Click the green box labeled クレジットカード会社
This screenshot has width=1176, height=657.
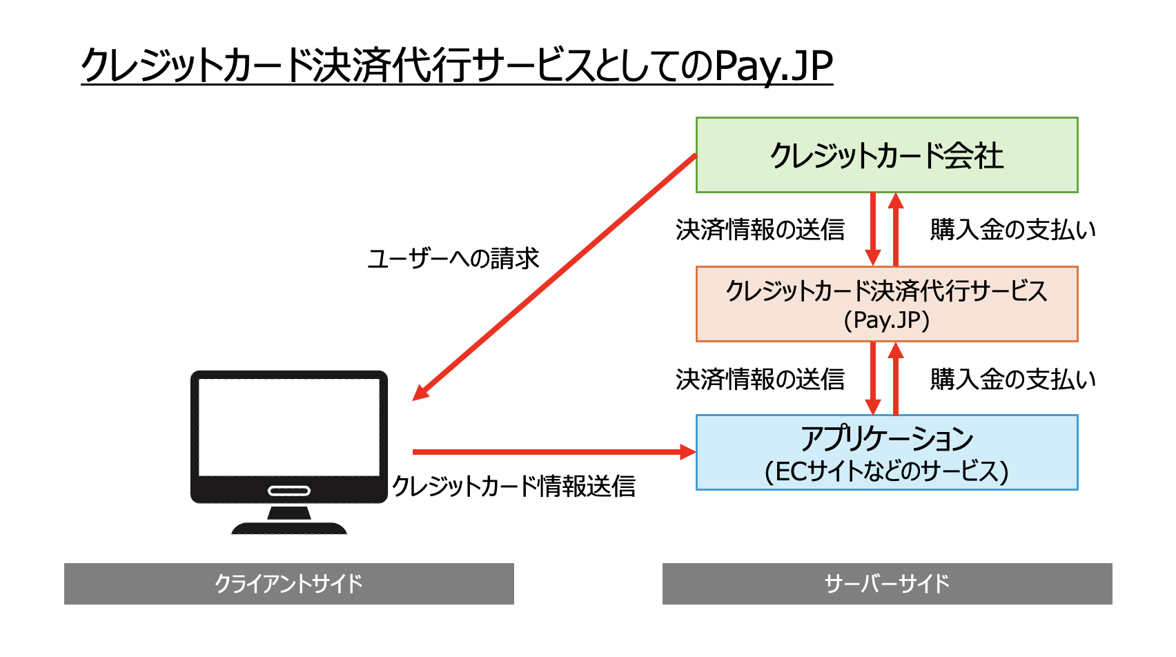pyautogui.click(x=887, y=155)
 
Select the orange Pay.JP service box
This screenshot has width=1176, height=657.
pyautogui.click(x=887, y=304)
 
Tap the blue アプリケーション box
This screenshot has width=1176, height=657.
pyautogui.click(x=887, y=453)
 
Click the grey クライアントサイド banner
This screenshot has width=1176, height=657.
pyautogui.click(x=288, y=584)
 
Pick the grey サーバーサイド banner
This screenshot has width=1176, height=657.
pyautogui.click(x=887, y=584)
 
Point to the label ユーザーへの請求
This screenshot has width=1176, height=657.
pyautogui.click(x=453, y=259)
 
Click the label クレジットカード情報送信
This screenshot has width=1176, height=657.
pyautogui.click(x=513, y=486)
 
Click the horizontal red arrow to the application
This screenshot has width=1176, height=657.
pyautogui.click(x=552, y=452)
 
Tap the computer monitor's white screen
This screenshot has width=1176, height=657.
pyautogui.click(x=288, y=426)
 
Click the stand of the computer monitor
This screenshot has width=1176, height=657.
pyautogui.click(x=288, y=521)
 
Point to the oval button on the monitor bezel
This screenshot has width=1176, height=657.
pyautogui.click(x=289, y=491)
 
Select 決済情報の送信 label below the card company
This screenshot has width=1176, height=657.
pyautogui.click(x=760, y=229)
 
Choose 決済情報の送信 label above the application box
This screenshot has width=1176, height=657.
pyautogui.click(x=760, y=379)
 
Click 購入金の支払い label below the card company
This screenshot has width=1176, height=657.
pyautogui.click(x=1012, y=229)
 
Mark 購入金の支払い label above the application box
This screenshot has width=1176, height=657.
pyautogui.click(x=1012, y=379)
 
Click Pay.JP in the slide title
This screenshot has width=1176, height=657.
pyautogui.click(x=773, y=66)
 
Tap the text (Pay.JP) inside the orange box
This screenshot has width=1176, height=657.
pyautogui.click(x=887, y=320)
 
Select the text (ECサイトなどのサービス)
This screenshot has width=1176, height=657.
pyautogui.click(x=887, y=471)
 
